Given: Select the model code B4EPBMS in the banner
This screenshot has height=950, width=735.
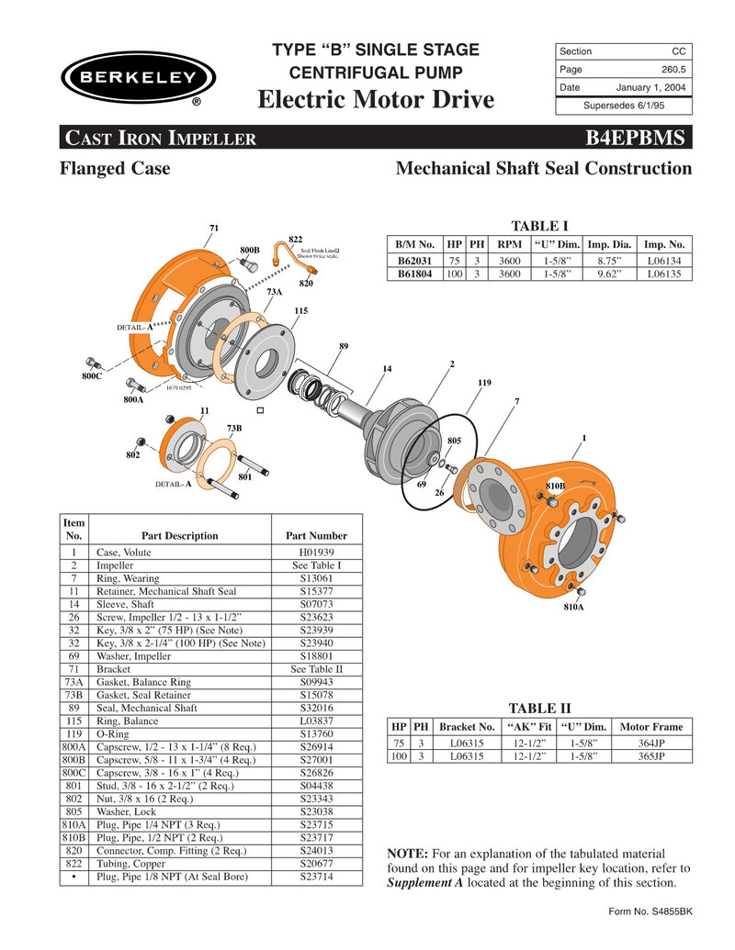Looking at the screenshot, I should tap(634, 139).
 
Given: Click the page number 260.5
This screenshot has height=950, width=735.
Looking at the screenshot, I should tap(673, 69).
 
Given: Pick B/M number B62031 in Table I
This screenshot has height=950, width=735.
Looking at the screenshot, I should tap(414, 261).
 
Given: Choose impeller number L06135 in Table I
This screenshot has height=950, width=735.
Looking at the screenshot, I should tap(664, 274).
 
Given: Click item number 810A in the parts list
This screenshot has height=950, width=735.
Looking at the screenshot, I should tap(73, 825).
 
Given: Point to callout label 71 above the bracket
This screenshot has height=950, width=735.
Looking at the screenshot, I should tap(213, 227).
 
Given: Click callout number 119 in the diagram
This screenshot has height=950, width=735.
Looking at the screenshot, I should tap(484, 381).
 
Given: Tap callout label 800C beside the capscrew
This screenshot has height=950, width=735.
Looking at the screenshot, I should tap(92, 376).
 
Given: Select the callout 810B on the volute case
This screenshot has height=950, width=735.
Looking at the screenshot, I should tap(555, 484).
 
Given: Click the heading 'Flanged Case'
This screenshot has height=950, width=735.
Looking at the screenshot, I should tap(115, 169).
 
